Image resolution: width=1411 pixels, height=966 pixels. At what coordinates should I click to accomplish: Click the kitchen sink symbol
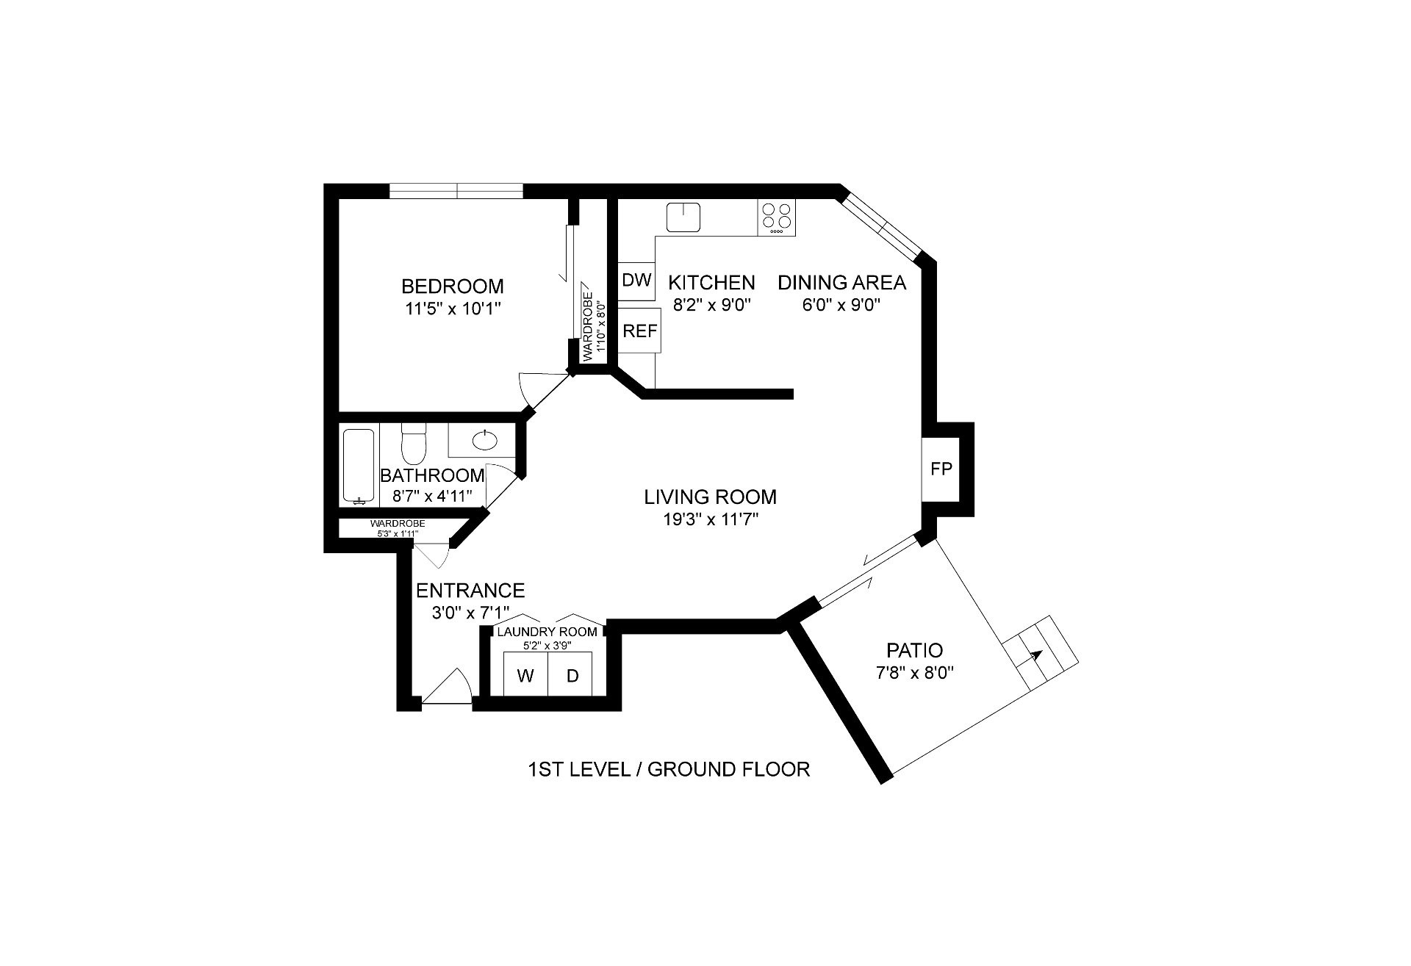click(x=683, y=217)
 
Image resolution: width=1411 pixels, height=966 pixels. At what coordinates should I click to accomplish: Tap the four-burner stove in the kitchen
click(x=777, y=218)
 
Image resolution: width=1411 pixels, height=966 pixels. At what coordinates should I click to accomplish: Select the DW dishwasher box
click(x=636, y=281)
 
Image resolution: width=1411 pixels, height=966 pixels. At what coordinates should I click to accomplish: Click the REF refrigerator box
click(x=639, y=331)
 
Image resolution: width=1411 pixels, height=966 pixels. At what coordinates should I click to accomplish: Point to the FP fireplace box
click(x=941, y=469)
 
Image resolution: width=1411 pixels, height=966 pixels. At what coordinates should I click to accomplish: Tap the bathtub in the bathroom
click(x=359, y=466)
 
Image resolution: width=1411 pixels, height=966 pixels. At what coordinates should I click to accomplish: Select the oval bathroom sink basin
click(x=484, y=440)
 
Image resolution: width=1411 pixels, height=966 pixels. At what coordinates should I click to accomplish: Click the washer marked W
click(x=525, y=674)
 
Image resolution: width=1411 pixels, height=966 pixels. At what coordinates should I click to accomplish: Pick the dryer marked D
click(x=572, y=674)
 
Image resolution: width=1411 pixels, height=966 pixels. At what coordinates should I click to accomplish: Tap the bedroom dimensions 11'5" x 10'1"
click(x=453, y=309)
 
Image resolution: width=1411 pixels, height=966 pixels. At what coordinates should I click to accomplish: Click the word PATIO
click(x=914, y=650)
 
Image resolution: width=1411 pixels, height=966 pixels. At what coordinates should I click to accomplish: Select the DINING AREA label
click(x=842, y=282)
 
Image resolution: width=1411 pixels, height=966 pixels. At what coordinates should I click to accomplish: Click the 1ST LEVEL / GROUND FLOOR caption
click(x=669, y=769)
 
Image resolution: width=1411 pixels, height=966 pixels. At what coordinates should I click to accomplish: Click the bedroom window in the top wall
click(x=456, y=191)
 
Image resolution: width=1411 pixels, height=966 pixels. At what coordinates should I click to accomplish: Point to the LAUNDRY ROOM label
click(x=547, y=632)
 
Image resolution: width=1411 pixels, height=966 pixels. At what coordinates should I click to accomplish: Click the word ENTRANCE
click(x=470, y=591)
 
